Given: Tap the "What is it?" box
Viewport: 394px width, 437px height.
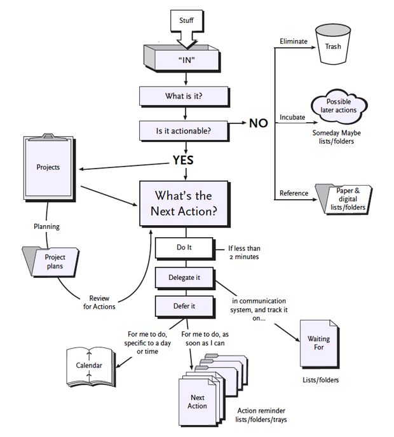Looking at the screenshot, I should coord(184,97).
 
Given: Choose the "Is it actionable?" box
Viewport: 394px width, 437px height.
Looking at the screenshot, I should coord(184,131).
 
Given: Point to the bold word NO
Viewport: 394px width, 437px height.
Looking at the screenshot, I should coord(258,123).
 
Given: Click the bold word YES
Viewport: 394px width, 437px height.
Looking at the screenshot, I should coord(183,160).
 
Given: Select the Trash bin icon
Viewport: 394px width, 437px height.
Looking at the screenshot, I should coord(334,46).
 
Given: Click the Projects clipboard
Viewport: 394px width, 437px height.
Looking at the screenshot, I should coord(48,167).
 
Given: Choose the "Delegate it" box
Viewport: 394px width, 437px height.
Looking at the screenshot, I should coord(184,277).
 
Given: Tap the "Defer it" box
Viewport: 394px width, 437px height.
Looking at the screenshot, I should coord(184,306).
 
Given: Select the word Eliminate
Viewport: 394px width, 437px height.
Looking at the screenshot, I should coord(293,42).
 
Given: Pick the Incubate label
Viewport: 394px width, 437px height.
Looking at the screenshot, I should coord(292,118).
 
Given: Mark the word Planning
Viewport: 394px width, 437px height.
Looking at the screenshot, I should coord(46,226).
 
